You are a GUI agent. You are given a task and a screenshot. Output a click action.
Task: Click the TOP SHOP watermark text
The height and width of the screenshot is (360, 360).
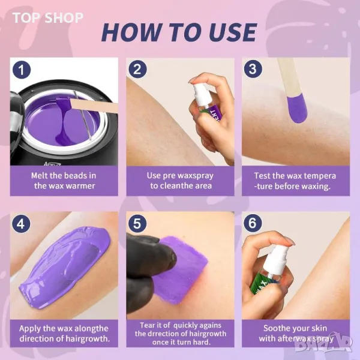tap(48, 18)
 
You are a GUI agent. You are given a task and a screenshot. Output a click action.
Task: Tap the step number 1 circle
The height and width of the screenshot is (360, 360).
tap(22, 70)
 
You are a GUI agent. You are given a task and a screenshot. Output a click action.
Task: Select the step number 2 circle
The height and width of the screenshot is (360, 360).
tap(137, 69)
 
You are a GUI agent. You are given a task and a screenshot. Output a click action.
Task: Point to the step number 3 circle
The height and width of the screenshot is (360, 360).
tap(253, 69)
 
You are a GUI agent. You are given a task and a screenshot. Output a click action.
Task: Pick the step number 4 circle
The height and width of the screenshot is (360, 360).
tap(21, 224)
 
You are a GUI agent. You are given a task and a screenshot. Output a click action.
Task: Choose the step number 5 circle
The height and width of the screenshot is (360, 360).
tap(137, 224)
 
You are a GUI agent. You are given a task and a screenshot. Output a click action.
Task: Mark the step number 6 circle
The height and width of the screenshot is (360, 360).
tap(253, 223)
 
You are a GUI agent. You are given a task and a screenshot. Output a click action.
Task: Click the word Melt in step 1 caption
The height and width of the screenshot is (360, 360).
tap(40, 176)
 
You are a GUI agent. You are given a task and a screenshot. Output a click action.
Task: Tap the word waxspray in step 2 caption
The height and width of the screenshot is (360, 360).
tap(196, 176)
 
